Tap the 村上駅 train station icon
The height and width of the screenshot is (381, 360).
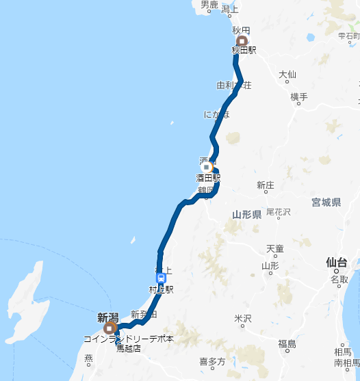click(x=161, y=278)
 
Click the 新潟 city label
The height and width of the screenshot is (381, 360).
click(x=107, y=317)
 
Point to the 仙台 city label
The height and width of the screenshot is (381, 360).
click(x=337, y=262)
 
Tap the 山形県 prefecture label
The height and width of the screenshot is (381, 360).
click(x=247, y=215)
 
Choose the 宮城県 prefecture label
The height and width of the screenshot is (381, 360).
click(x=326, y=202)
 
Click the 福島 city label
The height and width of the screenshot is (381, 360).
click(x=287, y=344)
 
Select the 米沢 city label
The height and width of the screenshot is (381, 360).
click(x=243, y=319)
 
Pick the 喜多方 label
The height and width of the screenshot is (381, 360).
click(x=211, y=361)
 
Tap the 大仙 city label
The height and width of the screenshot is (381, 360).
click(x=287, y=74)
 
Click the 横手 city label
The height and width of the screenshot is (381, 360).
click(x=299, y=97)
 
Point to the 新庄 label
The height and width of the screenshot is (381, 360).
click(x=266, y=185)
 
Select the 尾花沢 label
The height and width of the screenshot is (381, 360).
click(x=279, y=213)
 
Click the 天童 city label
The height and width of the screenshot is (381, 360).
click(x=275, y=248)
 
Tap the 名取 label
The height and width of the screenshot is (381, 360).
click(x=339, y=280)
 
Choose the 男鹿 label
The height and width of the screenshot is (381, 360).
click(x=209, y=5)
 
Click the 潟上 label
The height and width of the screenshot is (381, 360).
click(x=230, y=9)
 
